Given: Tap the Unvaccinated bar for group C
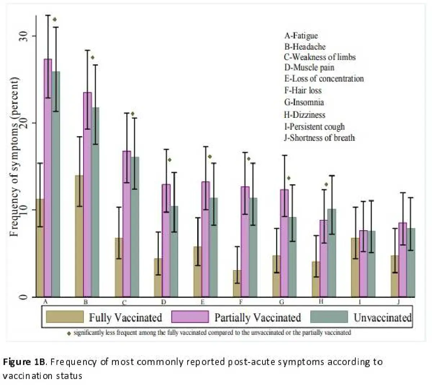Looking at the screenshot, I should pos(135,226).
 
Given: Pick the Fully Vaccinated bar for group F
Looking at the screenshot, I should pos(237,284).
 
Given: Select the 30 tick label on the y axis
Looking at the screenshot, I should pos(23,36).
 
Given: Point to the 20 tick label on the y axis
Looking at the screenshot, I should pos(23,123).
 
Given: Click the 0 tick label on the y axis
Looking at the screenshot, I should pos(23,297).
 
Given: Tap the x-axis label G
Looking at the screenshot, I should pos(282,302).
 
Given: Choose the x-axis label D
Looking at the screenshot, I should pos(163,302).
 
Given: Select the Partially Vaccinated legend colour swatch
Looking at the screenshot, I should pos(190,317).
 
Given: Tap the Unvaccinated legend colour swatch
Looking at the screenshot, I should pos(329,317).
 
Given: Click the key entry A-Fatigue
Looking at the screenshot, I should pos(301,36).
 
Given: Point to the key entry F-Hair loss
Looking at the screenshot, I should pos(303,91).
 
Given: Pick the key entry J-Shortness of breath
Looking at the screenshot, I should pos(319,138).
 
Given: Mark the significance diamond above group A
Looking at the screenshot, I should pos(55,20).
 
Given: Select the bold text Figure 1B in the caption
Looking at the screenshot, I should pos(24,362).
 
